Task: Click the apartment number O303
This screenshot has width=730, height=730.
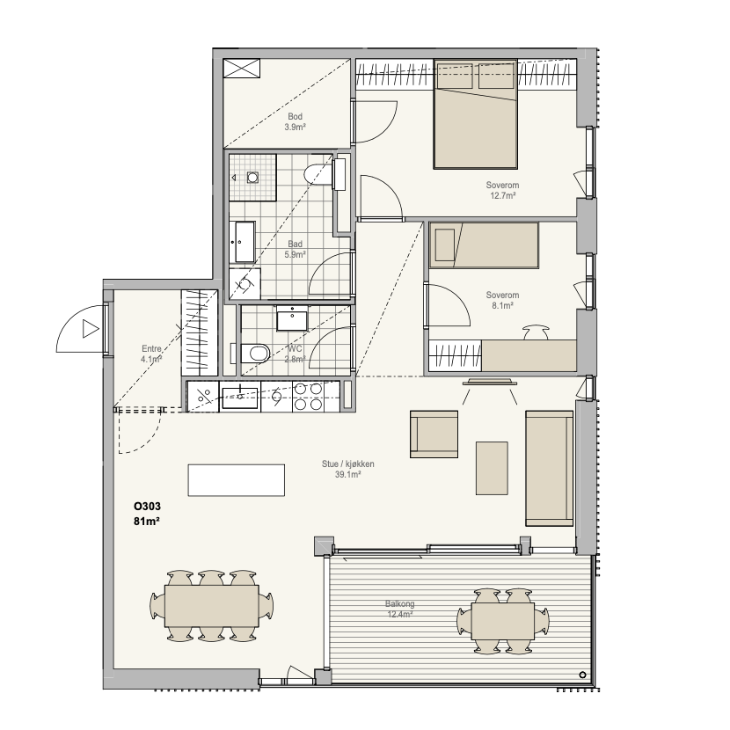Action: [x=147, y=506]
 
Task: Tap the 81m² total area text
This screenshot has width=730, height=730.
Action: [x=147, y=522]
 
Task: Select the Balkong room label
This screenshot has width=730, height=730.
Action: [x=399, y=604]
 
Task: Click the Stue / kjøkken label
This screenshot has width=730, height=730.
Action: [x=347, y=464]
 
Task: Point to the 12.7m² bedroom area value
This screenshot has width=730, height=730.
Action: [x=502, y=196]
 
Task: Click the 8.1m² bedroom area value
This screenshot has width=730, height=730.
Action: [x=502, y=306]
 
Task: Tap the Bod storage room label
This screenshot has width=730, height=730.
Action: [x=296, y=116]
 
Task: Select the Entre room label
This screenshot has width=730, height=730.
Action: [x=152, y=348]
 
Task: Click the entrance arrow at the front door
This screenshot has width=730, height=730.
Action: [x=91, y=329]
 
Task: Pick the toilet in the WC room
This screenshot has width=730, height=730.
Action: [x=255, y=354]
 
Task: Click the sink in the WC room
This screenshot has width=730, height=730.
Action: [x=292, y=318]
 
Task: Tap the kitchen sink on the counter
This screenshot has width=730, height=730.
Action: [x=240, y=398]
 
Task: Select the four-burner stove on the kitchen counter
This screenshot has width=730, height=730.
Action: [x=308, y=397]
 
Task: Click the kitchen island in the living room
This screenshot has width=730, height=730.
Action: [x=236, y=480]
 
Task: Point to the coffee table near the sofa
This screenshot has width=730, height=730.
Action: [x=492, y=469]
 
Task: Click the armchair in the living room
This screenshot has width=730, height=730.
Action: [x=434, y=434]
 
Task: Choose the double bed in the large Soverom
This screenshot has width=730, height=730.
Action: [x=475, y=113]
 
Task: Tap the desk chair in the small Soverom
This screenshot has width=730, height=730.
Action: [x=536, y=332]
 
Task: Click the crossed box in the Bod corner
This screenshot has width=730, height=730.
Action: [x=241, y=69]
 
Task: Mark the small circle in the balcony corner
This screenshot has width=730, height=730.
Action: [x=583, y=675]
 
